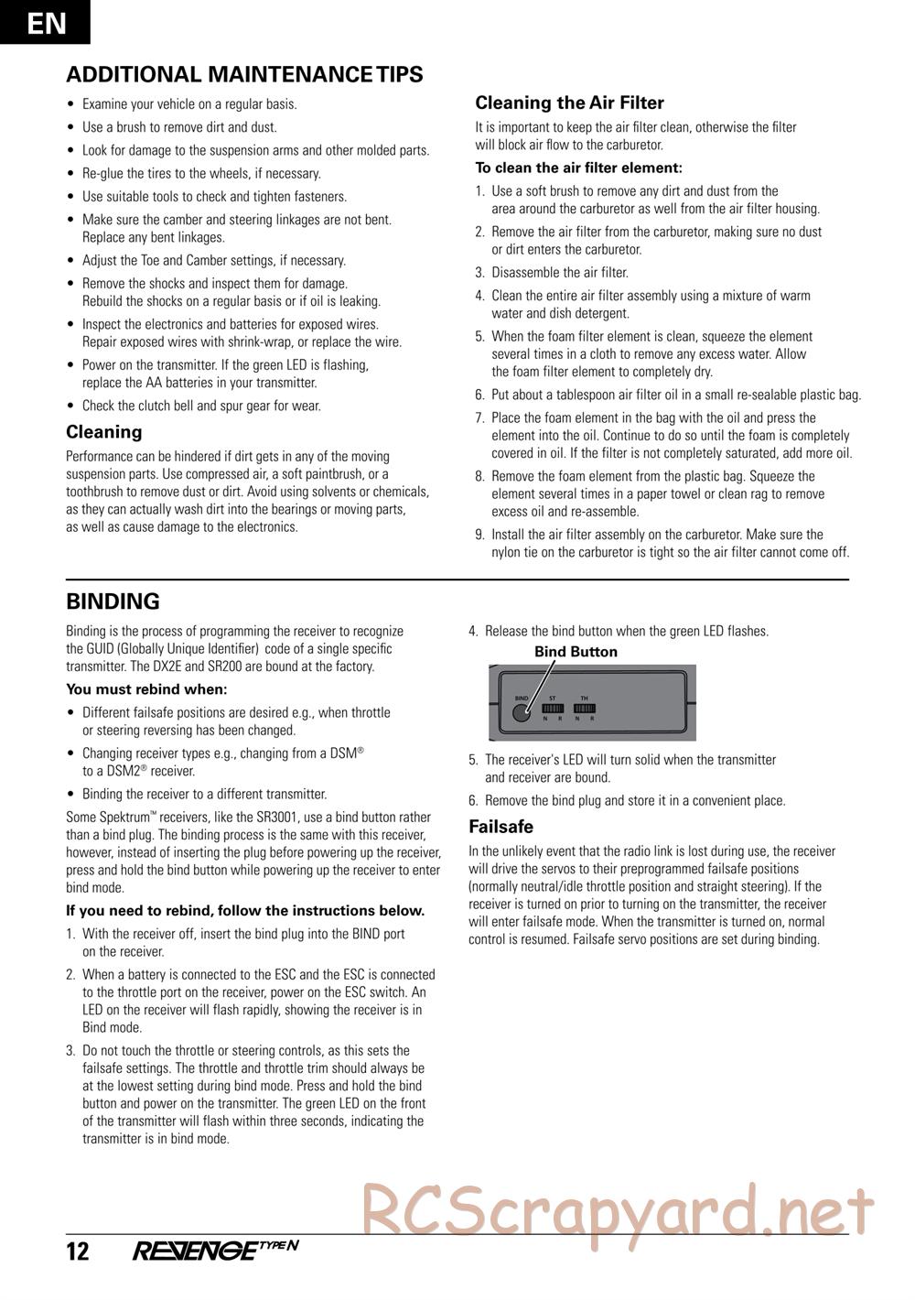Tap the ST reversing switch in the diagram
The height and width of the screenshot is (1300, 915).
pos(553,708)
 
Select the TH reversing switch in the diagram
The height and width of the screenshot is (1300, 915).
pos(584,708)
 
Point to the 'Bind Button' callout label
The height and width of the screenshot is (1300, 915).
pos(576,652)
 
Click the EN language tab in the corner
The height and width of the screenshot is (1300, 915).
pos(46,22)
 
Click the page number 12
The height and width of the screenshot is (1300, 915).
pos(78,1251)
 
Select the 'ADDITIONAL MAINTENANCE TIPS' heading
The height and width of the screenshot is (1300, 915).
pos(244,74)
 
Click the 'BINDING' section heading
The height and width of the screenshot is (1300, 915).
pos(113,601)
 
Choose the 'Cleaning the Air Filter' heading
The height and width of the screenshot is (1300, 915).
pos(569,103)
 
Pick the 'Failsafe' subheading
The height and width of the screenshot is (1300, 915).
pos(501,827)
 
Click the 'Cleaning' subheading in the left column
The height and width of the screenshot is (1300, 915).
pos(104,432)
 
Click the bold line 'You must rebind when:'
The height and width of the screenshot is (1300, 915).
pos(146,689)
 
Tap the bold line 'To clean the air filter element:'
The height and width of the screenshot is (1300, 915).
pos(578,168)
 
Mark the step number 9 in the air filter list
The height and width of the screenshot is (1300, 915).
pos(479,535)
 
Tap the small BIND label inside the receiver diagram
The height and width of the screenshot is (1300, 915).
pos(522,698)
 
